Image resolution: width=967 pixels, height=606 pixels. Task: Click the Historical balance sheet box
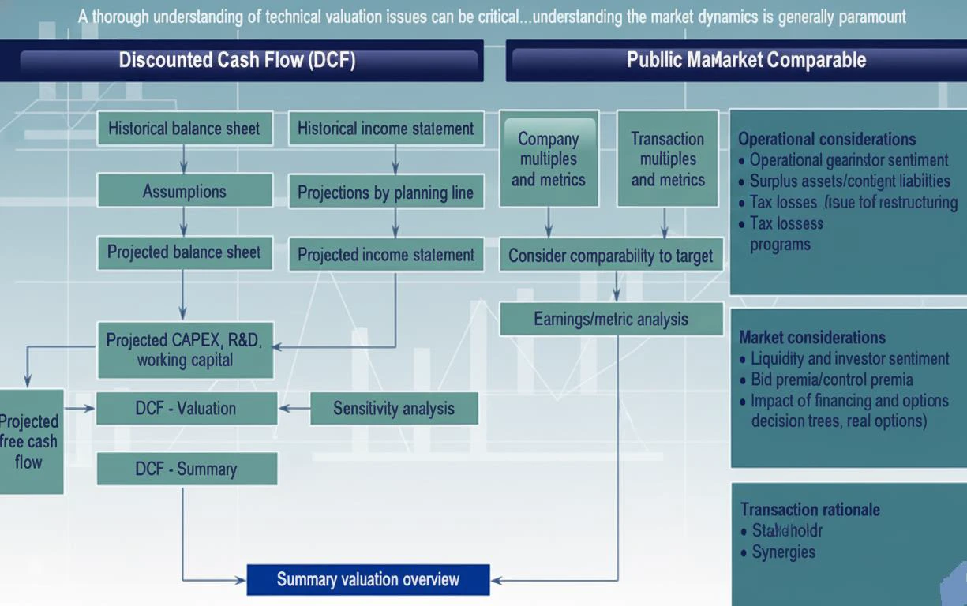tap(185, 129)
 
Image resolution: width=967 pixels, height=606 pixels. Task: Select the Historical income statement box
tap(386, 129)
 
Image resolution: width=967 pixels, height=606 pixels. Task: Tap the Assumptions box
tap(185, 191)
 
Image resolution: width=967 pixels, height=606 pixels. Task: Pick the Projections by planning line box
tap(386, 192)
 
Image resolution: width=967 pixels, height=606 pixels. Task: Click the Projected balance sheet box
tap(185, 252)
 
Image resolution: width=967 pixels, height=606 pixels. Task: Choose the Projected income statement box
tap(386, 255)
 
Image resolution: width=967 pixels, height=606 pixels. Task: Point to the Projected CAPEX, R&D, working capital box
tap(185, 350)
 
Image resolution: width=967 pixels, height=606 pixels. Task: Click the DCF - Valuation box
tap(186, 408)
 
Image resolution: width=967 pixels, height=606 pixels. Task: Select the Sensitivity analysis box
tap(394, 408)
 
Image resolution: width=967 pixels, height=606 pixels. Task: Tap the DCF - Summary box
tap(186, 469)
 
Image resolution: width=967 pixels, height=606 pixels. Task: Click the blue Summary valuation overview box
tap(368, 580)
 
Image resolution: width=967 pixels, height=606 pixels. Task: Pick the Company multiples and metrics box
tap(549, 159)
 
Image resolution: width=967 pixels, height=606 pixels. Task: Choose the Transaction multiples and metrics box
tap(668, 159)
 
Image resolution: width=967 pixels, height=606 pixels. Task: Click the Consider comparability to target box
tap(611, 256)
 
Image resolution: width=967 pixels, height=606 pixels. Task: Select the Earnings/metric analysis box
tap(611, 319)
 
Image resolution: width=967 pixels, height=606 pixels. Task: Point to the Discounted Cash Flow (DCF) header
tap(237, 61)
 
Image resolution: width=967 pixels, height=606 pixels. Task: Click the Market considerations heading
tap(812, 338)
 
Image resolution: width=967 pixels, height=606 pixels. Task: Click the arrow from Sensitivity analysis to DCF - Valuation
tap(294, 408)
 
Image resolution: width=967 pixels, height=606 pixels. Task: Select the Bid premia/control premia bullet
tap(831, 380)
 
